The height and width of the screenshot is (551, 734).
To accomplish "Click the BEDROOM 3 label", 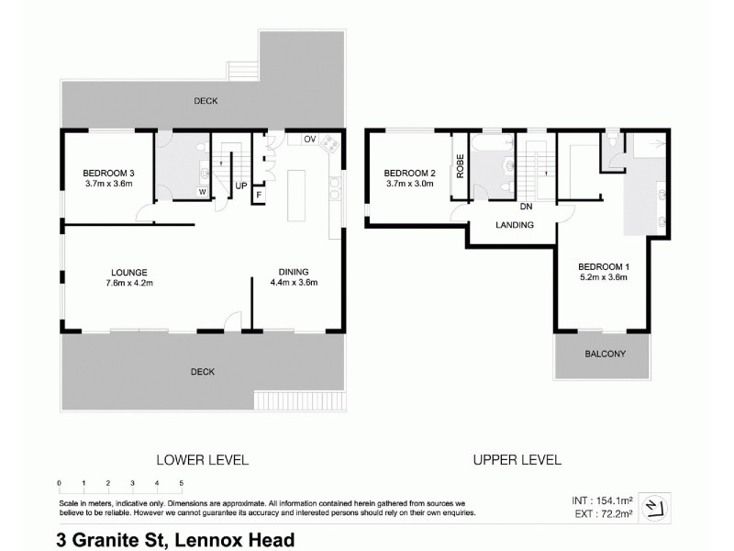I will tap(108, 174).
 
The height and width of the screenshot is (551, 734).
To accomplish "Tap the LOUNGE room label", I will tap(129, 271).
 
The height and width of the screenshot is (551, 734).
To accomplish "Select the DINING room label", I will tap(294, 271).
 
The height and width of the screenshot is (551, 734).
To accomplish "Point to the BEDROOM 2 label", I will tap(409, 174).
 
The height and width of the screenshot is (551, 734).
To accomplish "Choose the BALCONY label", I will tap(605, 354).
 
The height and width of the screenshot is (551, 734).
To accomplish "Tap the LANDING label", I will tap(514, 224).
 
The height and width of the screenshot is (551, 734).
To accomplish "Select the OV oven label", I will tap(309, 140).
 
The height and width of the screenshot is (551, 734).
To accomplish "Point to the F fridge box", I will tap(260, 196).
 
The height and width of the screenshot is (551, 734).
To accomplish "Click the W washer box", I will tap(202, 191).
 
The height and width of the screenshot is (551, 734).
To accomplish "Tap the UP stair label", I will tap(240, 186).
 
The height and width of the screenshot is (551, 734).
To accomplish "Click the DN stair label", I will tap(526, 207).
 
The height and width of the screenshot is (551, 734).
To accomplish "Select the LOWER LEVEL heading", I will tap(203, 459).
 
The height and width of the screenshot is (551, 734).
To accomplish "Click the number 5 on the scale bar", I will tap(182, 483).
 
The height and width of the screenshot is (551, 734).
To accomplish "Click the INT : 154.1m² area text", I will tap(602, 500).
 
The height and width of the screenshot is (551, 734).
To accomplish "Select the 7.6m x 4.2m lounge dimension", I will tap(129, 283).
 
